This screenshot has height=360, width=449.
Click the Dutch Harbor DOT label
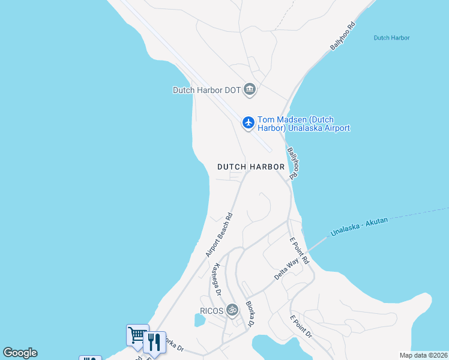pyautogui.click(x=206, y=91)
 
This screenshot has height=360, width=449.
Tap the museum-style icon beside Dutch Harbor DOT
pyautogui.click(x=250, y=90)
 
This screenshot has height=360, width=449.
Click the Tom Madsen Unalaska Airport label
pyautogui.click(x=304, y=124)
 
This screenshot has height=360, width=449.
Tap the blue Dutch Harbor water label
pyautogui.click(x=391, y=38)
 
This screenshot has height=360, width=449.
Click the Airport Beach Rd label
pyautogui.click(x=219, y=235)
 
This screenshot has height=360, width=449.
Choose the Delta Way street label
pyautogui.click(x=286, y=268)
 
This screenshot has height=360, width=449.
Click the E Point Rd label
pyautogui.click(x=298, y=251)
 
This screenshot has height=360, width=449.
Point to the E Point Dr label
pyautogui.click(x=301, y=326)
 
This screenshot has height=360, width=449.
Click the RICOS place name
pyautogui.click(x=211, y=311)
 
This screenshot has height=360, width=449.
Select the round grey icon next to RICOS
pyautogui.click(x=232, y=310)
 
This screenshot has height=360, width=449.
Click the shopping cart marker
pyautogui.click(x=137, y=334)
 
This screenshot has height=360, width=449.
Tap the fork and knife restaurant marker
pyautogui.click(x=154, y=342)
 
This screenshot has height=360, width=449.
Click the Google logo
pyautogui.click(x=20, y=353)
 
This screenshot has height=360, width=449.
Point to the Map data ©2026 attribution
pyautogui.click(x=423, y=355)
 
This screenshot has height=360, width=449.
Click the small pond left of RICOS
pyautogui.click(x=199, y=320)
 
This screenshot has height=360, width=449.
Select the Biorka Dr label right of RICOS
pyautogui.click(x=250, y=314)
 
